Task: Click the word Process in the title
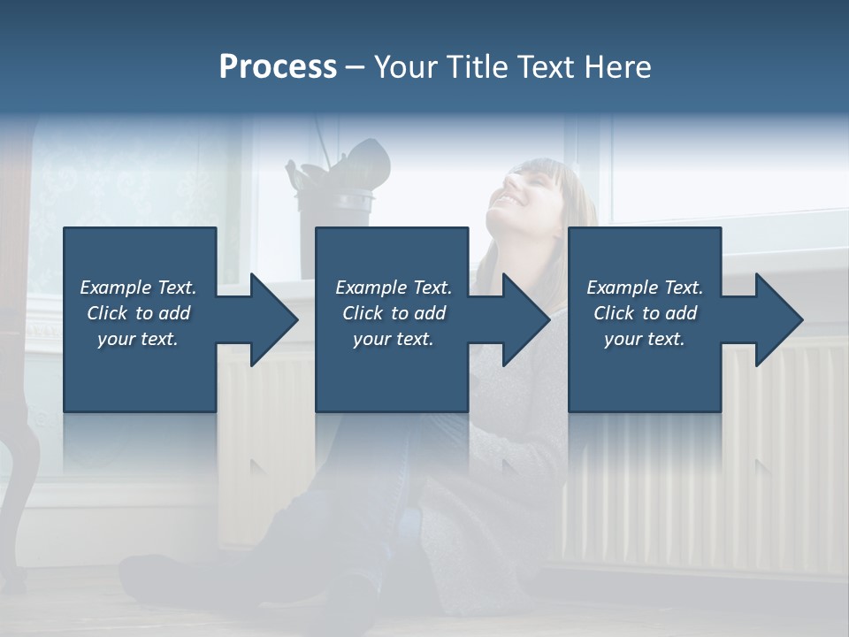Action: pos(278,67)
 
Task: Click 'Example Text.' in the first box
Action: pos(139,288)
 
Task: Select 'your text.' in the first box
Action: pos(139,339)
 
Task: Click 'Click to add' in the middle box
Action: pos(394,313)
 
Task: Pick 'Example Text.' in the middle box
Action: pos(394,288)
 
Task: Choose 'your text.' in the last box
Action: pos(645,339)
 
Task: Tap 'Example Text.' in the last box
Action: pos(645,288)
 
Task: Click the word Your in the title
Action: pos(403,67)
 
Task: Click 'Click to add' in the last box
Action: pos(645,313)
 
